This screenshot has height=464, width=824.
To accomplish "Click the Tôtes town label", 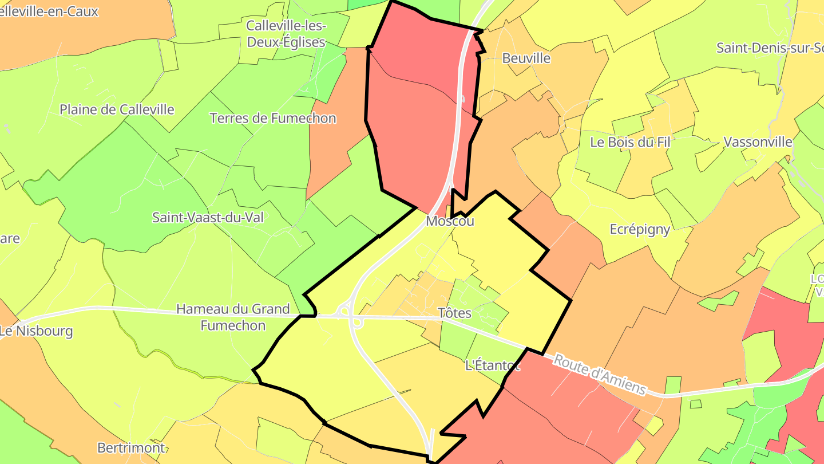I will pyautogui.click(x=454, y=313).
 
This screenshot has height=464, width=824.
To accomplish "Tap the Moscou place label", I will pyautogui.click(x=450, y=222).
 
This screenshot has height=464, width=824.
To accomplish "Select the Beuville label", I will pyautogui.click(x=526, y=58).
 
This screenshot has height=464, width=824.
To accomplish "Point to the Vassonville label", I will pyautogui.click(x=758, y=142).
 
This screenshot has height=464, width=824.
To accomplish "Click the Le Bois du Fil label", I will pyautogui.click(x=629, y=142).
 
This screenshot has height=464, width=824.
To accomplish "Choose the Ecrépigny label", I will pyautogui.click(x=639, y=230).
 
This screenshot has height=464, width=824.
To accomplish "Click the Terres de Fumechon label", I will pyautogui.click(x=273, y=119).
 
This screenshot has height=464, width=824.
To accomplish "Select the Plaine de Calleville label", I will pyautogui.click(x=117, y=109).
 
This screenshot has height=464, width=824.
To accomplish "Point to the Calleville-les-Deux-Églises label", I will pyautogui.click(x=286, y=34).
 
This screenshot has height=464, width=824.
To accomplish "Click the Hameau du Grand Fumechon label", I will pyautogui.click(x=233, y=317).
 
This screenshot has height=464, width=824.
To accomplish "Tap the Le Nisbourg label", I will pyautogui.click(x=36, y=331).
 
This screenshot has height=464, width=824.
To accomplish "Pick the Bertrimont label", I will pyautogui.click(x=131, y=447).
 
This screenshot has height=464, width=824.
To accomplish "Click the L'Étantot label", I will pyautogui.click(x=492, y=365).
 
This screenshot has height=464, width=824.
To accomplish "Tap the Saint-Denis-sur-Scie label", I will pyautogui.click(x=770, y=48).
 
